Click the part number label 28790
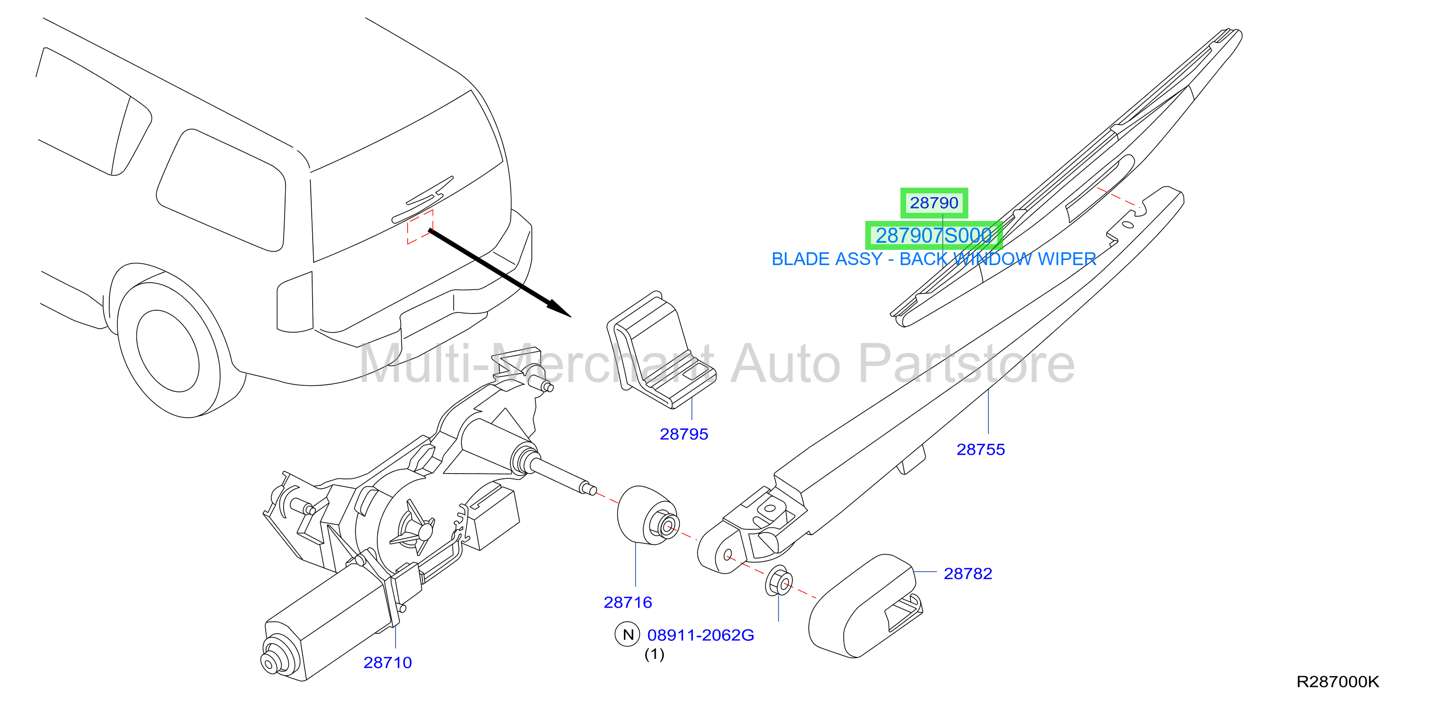[x=934, y=203]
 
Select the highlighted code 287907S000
[x=934, y=235]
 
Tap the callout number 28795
[x=684, y=434]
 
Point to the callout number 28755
[x=980, y=449]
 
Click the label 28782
[x=967, y=574]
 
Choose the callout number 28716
[x=627, y=602]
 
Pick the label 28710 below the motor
[x=387, y=663]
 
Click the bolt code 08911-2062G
[x=700, y=635]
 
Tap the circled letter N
[x=628, y=635]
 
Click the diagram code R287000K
[x=1338, y=682]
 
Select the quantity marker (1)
[x=654, y=654]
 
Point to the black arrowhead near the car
[x=559, y=308]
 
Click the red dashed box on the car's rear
[x=420, y=227]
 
